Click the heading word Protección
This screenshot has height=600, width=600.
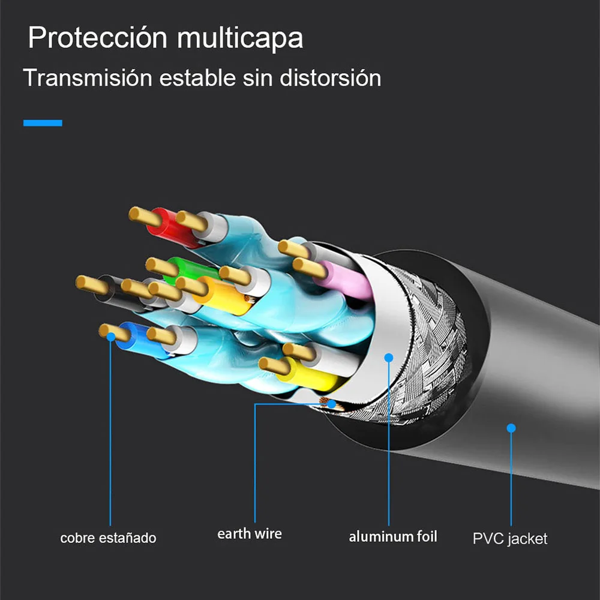[x=97, y=38]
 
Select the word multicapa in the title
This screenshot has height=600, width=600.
[x=240, y=38]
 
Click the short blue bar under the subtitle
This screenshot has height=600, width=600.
[x=43, y=123]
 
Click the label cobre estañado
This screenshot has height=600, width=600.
[x=108, y=538]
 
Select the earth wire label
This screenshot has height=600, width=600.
[x=249, y=533]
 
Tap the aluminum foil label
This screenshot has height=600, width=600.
[x=393, y=536]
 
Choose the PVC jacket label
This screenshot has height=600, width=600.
[x=510, y=538]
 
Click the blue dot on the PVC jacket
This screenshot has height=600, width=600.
[x=511, y=428]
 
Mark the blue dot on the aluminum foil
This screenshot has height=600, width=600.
[x=389, y=358]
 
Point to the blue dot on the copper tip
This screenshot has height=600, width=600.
[x=110, y=337]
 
